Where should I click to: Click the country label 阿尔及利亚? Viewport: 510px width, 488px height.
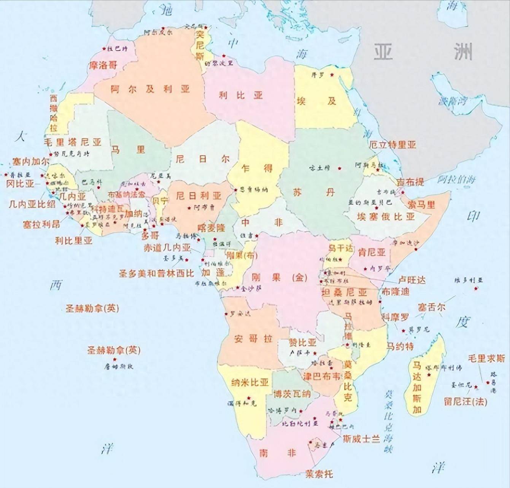point(150,89)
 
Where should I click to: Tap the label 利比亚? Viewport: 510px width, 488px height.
point(240,95)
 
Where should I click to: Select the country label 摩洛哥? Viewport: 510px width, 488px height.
point(103,65)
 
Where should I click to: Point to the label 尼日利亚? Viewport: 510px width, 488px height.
point(199,196)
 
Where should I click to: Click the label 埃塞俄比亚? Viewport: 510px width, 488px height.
point(385,217)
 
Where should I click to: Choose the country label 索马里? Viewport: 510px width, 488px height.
point(421,204)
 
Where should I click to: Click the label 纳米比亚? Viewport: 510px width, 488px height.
point(250,382)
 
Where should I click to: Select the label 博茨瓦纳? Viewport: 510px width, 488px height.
point(292,394)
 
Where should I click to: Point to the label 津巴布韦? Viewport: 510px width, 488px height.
point(321,376)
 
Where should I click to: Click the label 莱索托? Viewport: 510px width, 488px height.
point(319,474)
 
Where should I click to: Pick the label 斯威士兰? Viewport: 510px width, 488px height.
point(361,439)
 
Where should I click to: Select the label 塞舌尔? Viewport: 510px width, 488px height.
point(431,307)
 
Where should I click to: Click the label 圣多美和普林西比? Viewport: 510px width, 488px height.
point(156,273)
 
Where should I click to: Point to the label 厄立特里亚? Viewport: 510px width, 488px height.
point(392,145)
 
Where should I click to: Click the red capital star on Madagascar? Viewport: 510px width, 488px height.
point(429,375)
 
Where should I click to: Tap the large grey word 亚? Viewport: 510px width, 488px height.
point(383,52)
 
